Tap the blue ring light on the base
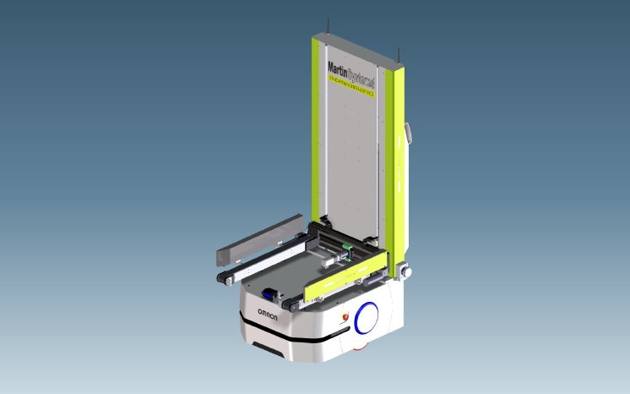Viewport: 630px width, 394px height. pyautogui.click(x=368, y=318)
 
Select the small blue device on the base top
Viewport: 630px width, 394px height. pyautogui.click(x=269, y=293)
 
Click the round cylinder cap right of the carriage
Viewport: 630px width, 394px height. pyautogui.click(x=405, y=273)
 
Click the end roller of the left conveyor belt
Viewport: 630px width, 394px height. pyautogui.click(x=224, y=281)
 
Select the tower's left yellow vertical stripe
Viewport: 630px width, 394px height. pyautogui.click(x=320, y=135)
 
